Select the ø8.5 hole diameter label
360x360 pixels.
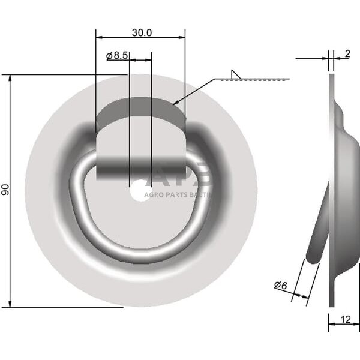(x=117, y=56)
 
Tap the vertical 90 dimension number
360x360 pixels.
(x=5, y=191)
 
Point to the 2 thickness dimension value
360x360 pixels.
(x=347, y=54)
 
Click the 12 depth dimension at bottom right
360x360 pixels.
(x=345, y=320)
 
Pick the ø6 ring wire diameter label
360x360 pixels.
(x=280, y=285)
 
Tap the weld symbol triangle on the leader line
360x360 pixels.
(x=236, y=75)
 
